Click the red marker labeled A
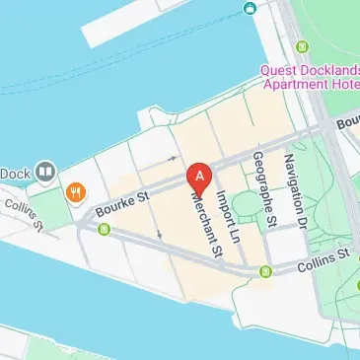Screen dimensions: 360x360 pos(200,179)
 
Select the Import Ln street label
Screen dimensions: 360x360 pos(228,217)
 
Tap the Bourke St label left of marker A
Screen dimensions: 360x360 pos(122,204)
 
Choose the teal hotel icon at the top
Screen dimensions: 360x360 pos(251,9)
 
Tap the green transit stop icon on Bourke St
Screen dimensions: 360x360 pos(104,231)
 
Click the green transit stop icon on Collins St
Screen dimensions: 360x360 pos(265,271)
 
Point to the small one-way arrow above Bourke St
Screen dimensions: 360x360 pos(174,157)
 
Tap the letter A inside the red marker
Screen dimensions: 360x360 pos(200,176)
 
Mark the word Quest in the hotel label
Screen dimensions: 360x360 pos(280,70)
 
